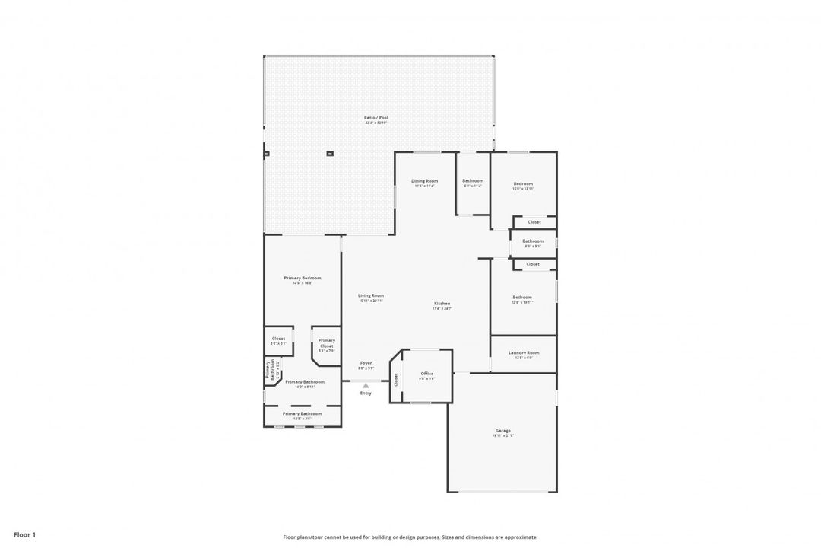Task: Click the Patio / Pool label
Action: point(376,117)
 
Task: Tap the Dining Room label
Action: point(424,181)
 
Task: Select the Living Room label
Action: point(371,295)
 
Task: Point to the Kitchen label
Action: point(442,304)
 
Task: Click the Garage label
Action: point(502,431)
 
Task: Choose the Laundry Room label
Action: point(523,352)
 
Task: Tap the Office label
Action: point(426,373)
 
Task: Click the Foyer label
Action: point(366,363)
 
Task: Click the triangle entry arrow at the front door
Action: point(366,386)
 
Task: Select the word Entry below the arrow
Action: point(366,393)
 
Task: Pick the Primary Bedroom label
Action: point(302,278)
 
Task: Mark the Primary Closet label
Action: point(326,343)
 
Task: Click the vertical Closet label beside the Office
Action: point(396,378)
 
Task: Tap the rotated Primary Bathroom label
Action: point(269,369)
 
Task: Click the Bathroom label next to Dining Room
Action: point(472,181)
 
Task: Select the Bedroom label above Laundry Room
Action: point(522,297)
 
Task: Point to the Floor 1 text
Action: point(24,535)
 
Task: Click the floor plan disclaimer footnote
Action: point(410,537)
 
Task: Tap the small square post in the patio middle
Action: point(330,154)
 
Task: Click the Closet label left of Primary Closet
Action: point(278,339)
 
